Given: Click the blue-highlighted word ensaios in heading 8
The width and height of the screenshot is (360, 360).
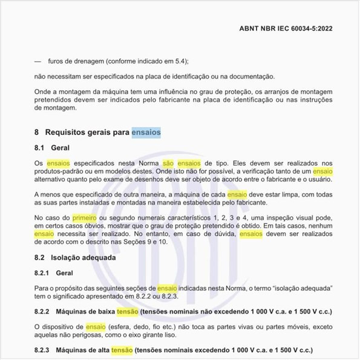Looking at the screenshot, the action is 146,132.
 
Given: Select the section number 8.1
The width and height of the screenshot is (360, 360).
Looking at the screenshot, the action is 39,148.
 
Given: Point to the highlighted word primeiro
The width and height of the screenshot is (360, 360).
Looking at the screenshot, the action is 84,217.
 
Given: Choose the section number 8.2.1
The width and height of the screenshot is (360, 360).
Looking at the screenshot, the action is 42,273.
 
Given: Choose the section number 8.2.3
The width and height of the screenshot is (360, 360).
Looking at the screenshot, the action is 42,350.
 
